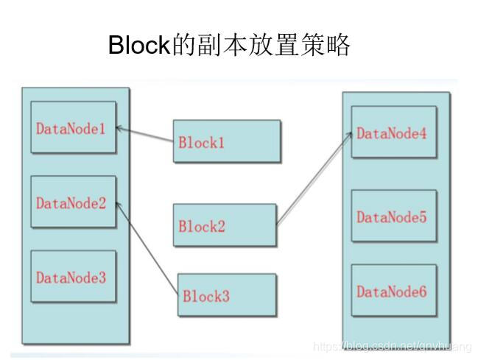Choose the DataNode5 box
[x=393, y=216]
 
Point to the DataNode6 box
[x=393, y=291]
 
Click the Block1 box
[x=227, y=141]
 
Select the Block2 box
[x=224, y=225]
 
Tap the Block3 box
[x=227, y=295]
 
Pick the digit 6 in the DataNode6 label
[x=423, y=292]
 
